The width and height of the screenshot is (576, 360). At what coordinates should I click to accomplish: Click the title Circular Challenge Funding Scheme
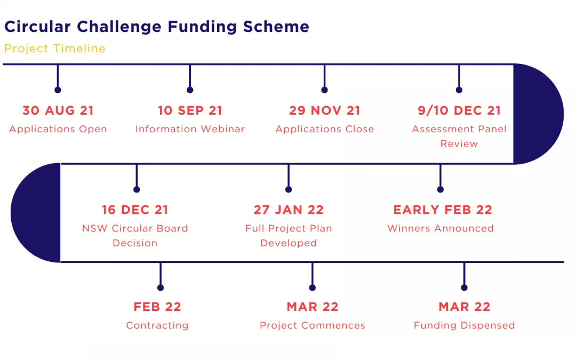[x=157, y=27]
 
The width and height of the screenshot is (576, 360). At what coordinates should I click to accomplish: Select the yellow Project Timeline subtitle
[x=55, y=49]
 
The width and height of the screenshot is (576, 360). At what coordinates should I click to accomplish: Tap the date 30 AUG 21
[x=58, y=110]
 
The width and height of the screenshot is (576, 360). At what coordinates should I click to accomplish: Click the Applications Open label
[x=58, y=129]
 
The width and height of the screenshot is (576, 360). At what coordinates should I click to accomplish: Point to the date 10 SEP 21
[x=190, y=110]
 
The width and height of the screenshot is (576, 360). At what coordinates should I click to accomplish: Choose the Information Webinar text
[x=190, y=129]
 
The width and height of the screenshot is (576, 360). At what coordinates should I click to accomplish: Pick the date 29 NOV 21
[x=324, y=110]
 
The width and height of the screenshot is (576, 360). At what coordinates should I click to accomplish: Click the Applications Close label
[x=325, y=129]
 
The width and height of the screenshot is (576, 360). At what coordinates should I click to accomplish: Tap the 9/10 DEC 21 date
[x=459, y=110]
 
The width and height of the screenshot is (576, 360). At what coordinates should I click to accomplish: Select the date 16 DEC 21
[x=135, y=210]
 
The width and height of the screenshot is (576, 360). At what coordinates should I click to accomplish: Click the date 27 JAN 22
[x=289, y=210]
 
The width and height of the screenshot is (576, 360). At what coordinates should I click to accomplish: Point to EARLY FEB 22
[x=443, y=210]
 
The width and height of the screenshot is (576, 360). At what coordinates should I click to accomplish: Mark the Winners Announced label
[x=441, y=228]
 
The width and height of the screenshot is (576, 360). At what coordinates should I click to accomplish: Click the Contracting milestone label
[x=157, y=325]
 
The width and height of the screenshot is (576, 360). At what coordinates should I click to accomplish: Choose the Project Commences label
[x=313, y=325]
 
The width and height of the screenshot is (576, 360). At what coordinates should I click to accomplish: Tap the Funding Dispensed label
[x=465, y=325]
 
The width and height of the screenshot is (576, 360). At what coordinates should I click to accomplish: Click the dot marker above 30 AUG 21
[x=58, y=90]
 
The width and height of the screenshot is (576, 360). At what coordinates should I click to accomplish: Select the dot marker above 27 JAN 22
[x=289, y=189]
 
